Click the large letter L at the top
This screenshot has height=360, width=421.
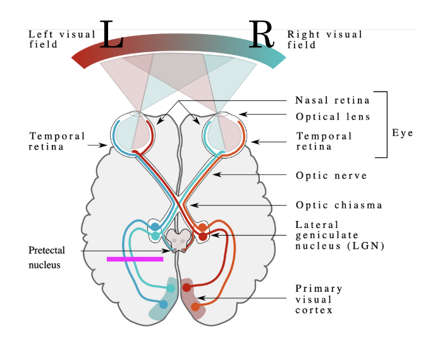111,37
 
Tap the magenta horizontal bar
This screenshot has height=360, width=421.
135,258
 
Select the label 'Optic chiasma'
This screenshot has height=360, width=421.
339,205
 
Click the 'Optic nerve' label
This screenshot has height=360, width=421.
331,176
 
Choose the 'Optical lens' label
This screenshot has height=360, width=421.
333,117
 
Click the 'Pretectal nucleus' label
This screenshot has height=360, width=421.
46,258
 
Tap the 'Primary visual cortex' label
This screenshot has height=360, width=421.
320,299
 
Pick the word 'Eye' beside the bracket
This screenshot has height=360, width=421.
402,133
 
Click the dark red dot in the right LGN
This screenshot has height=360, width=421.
203,236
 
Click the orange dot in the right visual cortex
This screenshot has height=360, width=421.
195,307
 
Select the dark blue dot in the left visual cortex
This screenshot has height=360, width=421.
163,304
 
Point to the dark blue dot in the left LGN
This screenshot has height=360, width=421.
155,226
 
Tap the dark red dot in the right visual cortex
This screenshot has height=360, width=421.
187,287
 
